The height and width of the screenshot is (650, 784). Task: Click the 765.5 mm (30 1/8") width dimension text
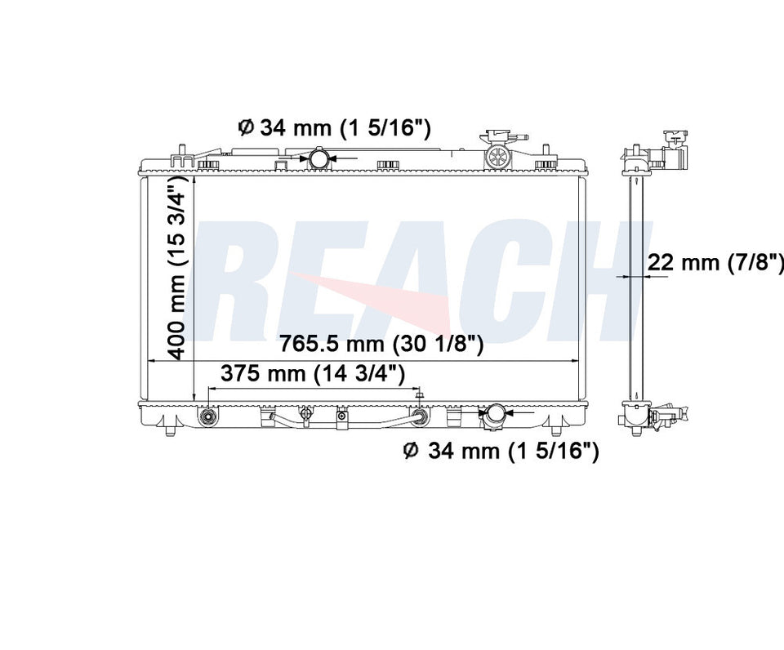(x=381, y=345)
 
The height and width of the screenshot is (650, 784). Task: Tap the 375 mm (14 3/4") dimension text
(x=313, y=373)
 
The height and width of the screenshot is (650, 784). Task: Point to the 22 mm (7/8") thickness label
(x=715, y=262)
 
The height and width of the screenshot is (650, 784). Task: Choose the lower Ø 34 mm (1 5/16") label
(x=501, y=451)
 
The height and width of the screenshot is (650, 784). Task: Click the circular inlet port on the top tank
(x=318, y=158)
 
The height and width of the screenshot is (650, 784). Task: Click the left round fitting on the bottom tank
(x=207, y=417)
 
